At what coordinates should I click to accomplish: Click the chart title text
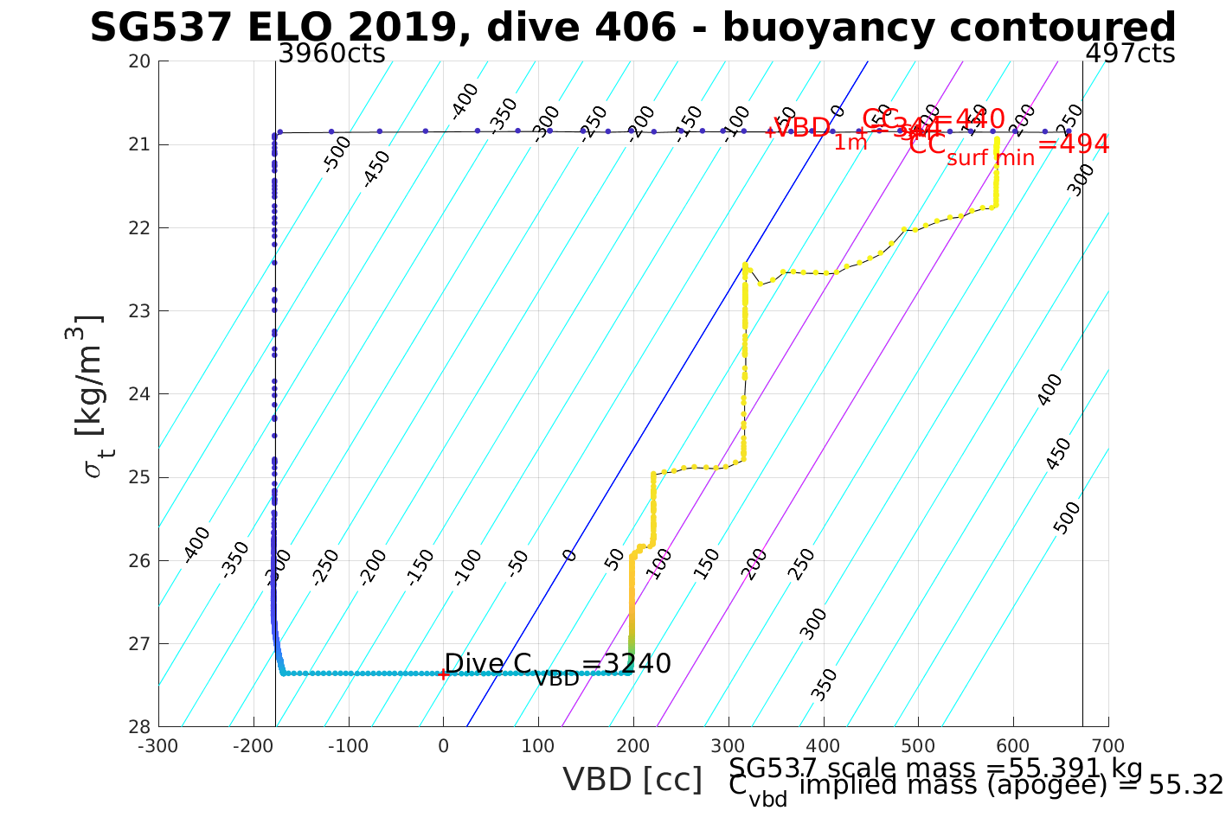point(632,28)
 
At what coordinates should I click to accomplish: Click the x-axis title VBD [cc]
point(632,780)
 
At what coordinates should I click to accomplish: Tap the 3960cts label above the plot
point(331,54)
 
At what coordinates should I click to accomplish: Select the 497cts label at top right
point(1130,54)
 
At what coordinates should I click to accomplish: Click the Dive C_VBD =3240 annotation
point(557,666)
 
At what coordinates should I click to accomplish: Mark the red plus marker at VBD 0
point(443,674)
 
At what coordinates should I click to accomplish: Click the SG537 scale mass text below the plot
point(936,769)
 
